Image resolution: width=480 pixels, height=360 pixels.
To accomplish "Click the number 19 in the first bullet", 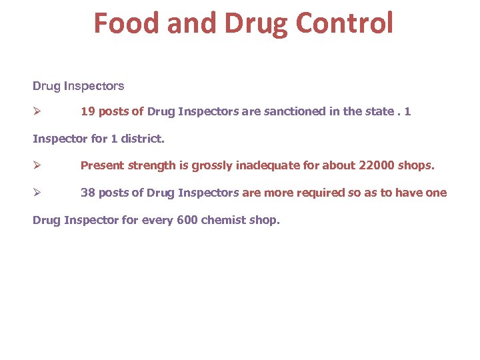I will click(87, 111).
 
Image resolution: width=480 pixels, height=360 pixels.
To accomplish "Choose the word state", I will click(379, 111).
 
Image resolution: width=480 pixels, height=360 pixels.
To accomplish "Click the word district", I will click(141, 139).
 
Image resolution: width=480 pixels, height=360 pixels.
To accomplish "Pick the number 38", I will click(87, 193).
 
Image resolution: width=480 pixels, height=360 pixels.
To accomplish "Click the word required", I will click(316, 193).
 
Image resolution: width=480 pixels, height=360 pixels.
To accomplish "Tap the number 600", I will click(188, 220).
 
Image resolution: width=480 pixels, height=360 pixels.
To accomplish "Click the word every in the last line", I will click(157, 220).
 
